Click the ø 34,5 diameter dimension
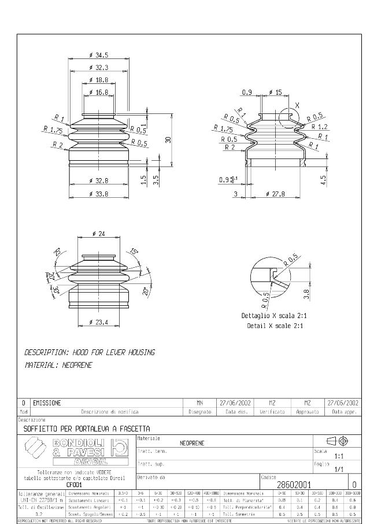coord(99,55)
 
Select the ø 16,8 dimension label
coord(99,92)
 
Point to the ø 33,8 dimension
coord(99,193)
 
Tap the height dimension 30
coord(168,139)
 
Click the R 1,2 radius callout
coord(320,126)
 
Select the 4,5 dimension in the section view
coord(324,179)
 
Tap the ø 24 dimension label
coord(98,234)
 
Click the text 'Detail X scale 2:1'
coord(275,326)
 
